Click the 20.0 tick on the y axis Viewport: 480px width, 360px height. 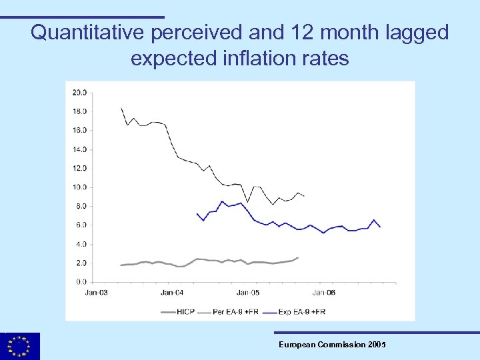79,92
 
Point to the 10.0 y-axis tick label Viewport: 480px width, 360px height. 79,187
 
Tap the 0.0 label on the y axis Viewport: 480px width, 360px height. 81,282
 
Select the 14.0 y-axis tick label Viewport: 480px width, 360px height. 79,149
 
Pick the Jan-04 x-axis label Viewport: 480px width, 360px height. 172,292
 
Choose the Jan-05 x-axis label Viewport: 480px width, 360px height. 248,292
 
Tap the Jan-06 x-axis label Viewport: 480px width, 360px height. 324,292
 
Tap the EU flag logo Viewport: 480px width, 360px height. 20,346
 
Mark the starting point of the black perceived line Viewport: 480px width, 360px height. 121,107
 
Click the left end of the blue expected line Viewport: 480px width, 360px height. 197,213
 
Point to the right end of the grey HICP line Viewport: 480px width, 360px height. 298,257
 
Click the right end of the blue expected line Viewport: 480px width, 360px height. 380,227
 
